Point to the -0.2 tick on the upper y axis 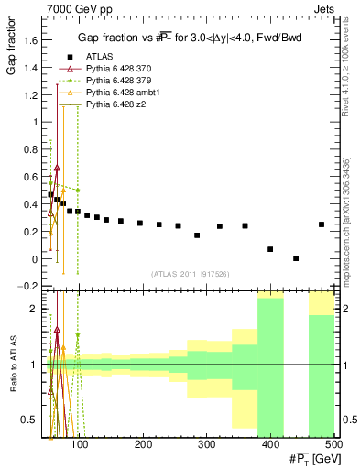[x=30, y=287]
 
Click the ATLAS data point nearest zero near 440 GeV [x=296, y=258]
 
